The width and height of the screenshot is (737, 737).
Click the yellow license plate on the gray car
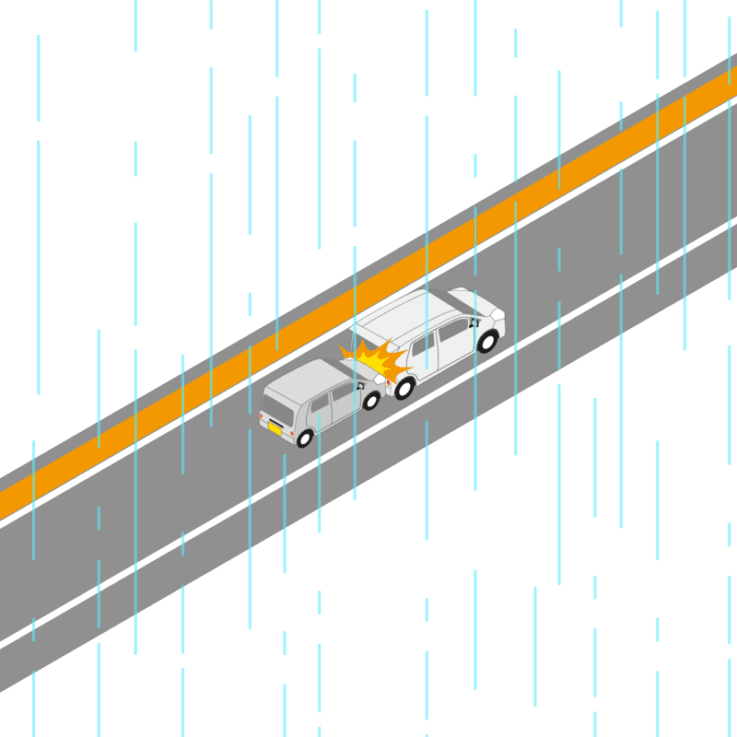click(275, 427)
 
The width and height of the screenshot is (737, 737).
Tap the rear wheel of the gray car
click(305, 439)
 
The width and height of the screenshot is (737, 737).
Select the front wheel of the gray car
click(371, 401)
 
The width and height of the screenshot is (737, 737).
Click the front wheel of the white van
click(486, 342)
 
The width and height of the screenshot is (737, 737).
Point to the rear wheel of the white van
click(404, 388)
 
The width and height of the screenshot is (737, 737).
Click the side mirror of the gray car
click(360, 386)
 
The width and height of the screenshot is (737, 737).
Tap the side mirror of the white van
click(473, 323)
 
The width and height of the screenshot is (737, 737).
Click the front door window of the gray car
click(343, 392)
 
